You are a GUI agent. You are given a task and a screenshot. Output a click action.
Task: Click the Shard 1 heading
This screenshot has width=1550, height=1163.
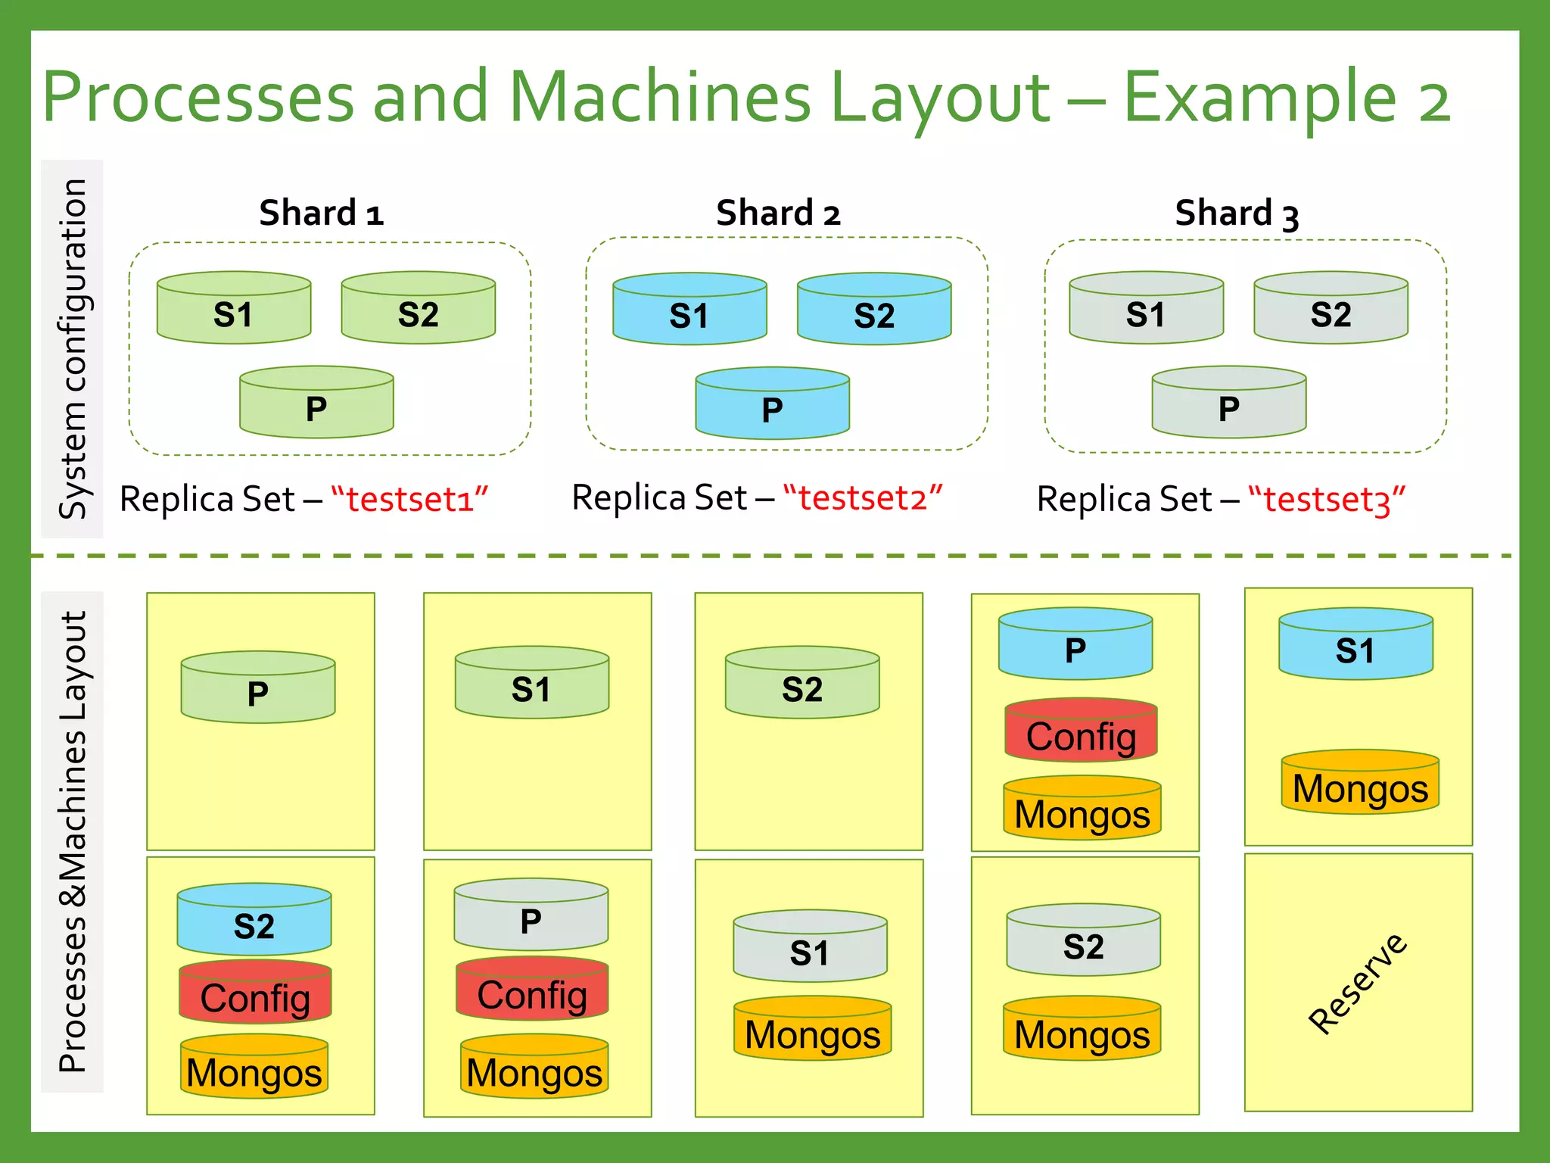[x=321, y=213]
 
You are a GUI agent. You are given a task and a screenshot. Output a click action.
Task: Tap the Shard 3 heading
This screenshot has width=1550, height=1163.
[x=1237, y=214]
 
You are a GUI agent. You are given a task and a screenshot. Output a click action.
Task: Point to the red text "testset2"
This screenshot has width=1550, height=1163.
[x=863, y=498]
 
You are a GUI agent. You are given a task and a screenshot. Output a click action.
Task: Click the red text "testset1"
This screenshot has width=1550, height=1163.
[x=409, y=500]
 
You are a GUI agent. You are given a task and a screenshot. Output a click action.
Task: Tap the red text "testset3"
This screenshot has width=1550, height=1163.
[x=1327, y=500]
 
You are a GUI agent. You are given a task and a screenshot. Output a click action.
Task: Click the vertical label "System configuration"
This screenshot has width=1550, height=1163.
[x=72, y=348]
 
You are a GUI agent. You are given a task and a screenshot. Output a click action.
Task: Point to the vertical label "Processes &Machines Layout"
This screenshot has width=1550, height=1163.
[x=72, y=841]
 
